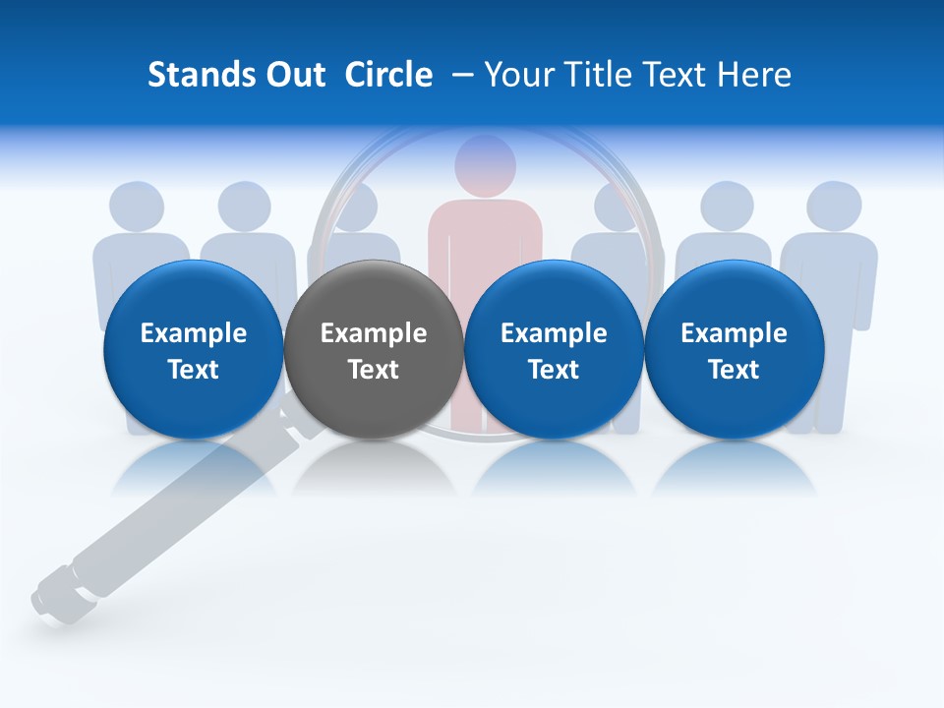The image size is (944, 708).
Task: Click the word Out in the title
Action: [x=292, y=75]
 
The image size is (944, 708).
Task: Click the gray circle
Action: [x=373, y=349]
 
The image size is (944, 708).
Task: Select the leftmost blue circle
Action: [x=193, y=349]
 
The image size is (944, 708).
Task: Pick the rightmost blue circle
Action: [x=734, y=349]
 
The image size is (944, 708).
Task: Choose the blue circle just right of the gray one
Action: [x=554, y=349]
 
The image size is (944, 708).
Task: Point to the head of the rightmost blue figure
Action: [x=834, y=206]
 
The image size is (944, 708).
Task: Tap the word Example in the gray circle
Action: [x=374, y=333]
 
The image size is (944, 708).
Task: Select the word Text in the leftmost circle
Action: [x=193, y=370]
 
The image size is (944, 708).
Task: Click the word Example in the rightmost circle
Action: [x=734, y=333]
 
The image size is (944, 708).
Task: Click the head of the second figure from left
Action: [x=244, y=206]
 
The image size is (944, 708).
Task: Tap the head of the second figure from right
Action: [x=728, y=206]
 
